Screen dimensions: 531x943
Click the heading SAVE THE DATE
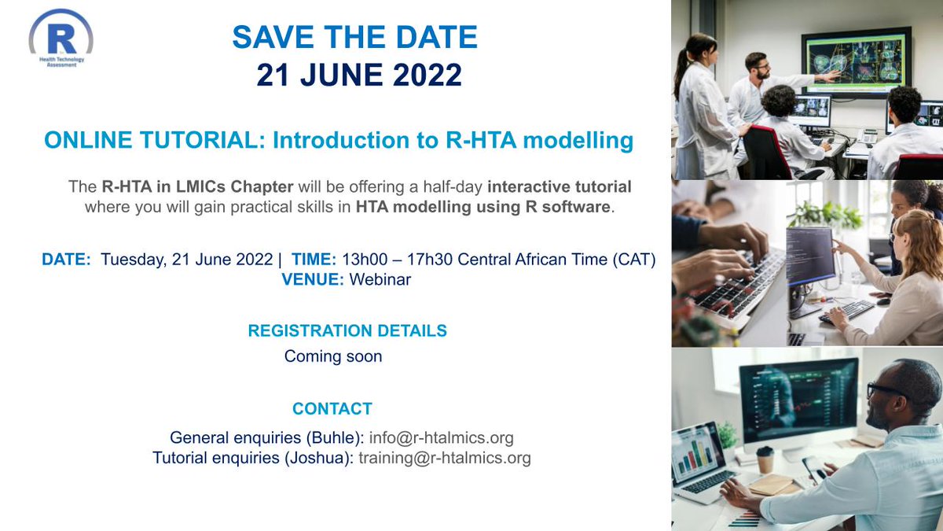coord(355,37)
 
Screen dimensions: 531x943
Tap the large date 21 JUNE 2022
coord(359,76)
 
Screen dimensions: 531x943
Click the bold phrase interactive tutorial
coord(559,187)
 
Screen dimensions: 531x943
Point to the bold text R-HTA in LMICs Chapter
coord(197,187)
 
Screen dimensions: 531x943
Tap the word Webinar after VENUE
coord(380,279)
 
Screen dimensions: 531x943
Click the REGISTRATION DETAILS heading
coord(347,331)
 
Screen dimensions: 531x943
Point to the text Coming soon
coord(333,356)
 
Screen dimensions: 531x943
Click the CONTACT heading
coord(332,409)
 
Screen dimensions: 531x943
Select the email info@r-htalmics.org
coord(441,438)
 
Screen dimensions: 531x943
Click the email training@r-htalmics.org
coord(445,458)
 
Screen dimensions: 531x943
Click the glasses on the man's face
coord(887,391)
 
